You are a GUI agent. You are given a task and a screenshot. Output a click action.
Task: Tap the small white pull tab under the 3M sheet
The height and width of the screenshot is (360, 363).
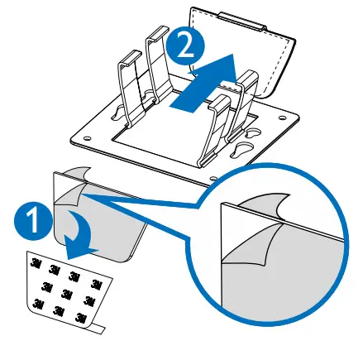tap(98, 329)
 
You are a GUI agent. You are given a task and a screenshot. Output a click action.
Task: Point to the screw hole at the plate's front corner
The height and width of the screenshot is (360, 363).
tap(214, 176)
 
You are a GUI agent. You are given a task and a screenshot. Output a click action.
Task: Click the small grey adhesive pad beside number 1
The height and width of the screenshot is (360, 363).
tap(95, 223)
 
